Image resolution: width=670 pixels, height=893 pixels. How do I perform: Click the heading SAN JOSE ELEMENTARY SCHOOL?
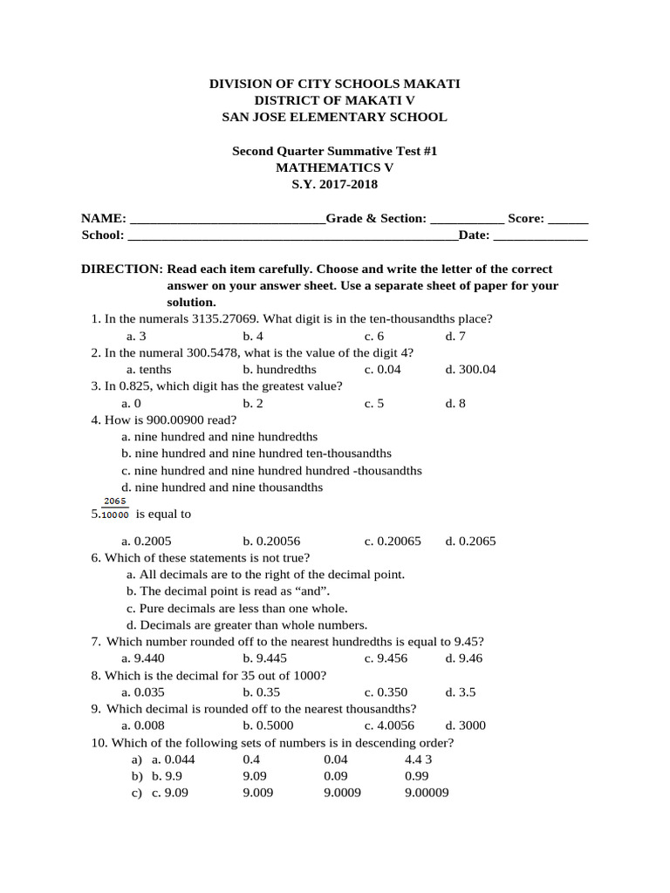pyautogui.click(x=334, y=117)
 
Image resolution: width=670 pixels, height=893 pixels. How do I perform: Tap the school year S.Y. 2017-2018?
pyautogui.click(x=334, y=184)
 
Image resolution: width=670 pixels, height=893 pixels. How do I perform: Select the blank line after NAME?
pyautogui.click(x=226, y=219)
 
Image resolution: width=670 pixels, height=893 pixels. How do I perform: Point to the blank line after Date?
pyautogui.click(x=541, y=235)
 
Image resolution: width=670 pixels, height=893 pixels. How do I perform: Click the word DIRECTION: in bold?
pyautogui.click(x=122, y=269)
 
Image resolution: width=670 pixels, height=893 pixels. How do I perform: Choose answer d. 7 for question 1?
pyautogui.click(x=455, y=336)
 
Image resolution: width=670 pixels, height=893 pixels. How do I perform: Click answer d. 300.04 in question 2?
pyautogui.click(x=470, y=370)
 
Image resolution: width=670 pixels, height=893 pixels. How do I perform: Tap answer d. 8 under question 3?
pyautogui.click(x=455, y=404)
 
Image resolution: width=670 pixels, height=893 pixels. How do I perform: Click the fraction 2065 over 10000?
pyautogui.click(x=115, y=508)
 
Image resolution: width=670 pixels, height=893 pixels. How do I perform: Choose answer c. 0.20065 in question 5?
pyautogui.click(x=393, y=542)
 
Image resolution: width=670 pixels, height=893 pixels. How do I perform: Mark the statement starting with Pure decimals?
pyautogui.click(x=236, y=609)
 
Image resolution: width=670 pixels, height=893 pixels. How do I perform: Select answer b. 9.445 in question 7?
pyautogui.click(x=263, y=658)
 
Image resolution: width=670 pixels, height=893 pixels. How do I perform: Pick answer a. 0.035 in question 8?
pyautogui.click(x=143, y=692)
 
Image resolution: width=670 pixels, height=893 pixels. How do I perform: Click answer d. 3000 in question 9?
pyautogui.click(x=466, y=726)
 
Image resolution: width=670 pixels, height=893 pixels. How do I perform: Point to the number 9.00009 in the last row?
pyautogui.click(x=427, y=794)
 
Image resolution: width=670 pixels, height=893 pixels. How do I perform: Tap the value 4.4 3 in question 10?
pyautogui.click(x=419, y=760)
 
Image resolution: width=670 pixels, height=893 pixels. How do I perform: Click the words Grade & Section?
pyautogui.click(x=376, y=219)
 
